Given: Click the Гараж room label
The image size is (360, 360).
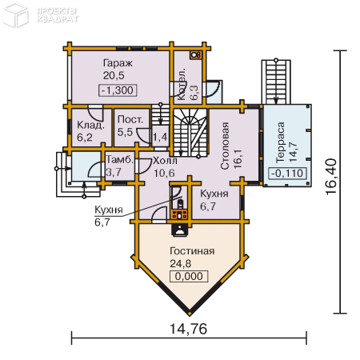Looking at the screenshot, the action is tap(118, 64).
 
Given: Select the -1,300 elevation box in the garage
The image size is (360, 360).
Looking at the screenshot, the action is tap(118, 90).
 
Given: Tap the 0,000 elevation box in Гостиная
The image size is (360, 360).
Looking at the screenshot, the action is tap(189, 276).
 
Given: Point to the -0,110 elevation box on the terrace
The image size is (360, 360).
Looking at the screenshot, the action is tap(287, 174).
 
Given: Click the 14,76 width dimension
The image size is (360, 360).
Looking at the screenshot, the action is tap(188, 329).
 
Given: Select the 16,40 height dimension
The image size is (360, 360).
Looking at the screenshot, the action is tap(331, 177).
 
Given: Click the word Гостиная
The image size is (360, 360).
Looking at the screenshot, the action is tap(192, 251).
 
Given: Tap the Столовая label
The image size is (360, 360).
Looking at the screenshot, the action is tap(225, 146).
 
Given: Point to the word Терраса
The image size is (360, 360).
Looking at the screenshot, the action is tap(280, 142).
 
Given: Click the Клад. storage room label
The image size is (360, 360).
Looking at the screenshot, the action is tap(90, 125).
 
